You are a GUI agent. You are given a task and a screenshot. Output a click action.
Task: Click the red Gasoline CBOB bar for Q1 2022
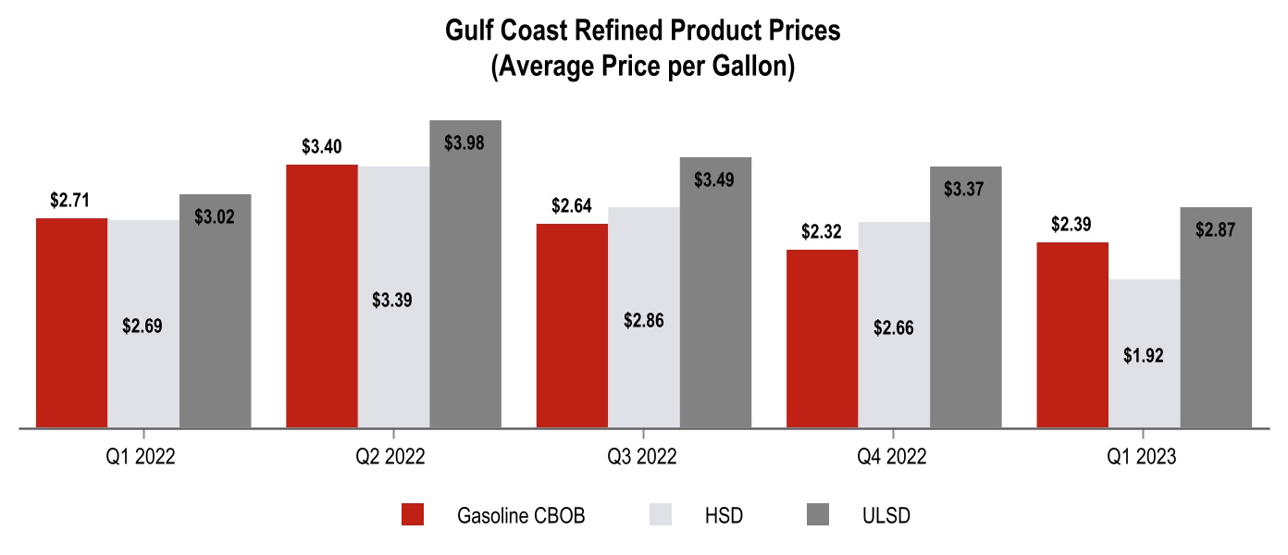(72, 323)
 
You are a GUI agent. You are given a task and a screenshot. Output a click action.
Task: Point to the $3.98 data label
(464, 143)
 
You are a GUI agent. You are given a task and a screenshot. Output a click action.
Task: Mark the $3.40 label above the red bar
(322, 146)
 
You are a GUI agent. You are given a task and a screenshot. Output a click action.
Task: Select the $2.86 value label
(644, 321)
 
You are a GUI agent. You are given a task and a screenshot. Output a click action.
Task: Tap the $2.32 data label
(822, 231)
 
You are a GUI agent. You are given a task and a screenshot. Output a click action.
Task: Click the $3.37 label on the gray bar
(965, 189)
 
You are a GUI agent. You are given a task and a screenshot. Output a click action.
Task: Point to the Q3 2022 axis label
(642, 457)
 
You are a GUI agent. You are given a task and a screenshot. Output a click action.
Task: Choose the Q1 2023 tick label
(1143, 457)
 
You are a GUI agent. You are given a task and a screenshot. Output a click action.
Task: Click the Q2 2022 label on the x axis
(392, 457)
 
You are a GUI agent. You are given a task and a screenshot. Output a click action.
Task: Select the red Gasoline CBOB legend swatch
(413, 515)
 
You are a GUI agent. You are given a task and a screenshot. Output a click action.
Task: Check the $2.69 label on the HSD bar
(142, 326)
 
